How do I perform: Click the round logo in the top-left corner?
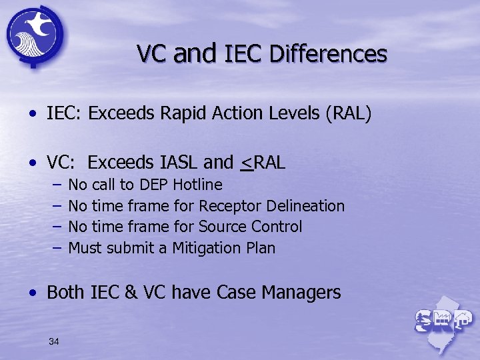(35, 34)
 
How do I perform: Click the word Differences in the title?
(328, 53)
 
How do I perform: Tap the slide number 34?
(54, 342)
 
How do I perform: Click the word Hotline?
(197, 185)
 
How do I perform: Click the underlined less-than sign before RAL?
(247, 162)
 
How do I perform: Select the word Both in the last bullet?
(65, 292)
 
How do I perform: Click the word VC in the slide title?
(153, 53)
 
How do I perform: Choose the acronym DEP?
(154, 185)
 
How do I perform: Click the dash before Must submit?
(57, 248)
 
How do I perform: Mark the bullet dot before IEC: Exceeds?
(33, 115)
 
